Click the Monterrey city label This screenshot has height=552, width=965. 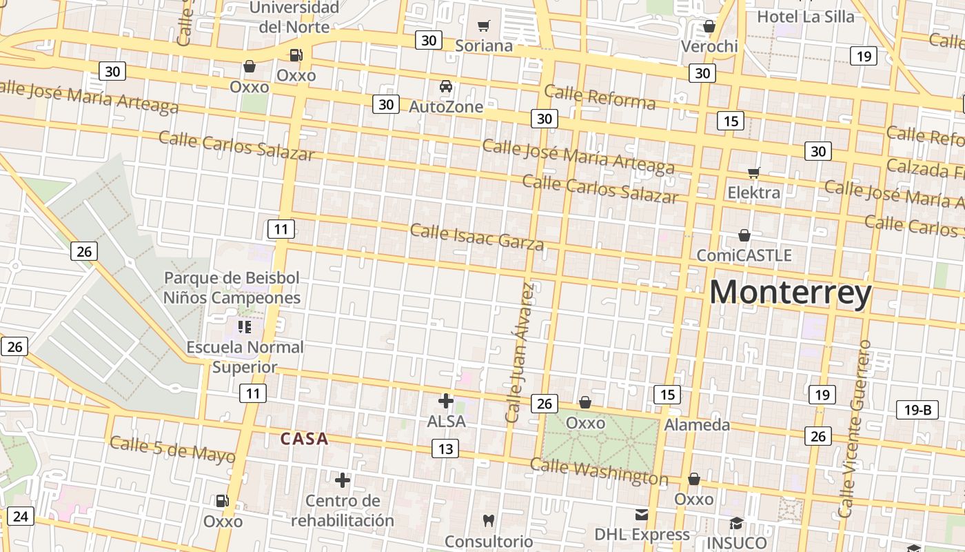point(791,293)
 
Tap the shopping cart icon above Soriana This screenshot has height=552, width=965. point(484,26)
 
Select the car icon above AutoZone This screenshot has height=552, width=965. point(446,87)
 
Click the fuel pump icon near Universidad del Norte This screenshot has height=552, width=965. point(296,55)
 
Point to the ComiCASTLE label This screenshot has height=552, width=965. point(744,255)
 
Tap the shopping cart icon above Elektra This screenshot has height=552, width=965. point(754,172)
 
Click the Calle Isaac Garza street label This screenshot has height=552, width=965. point(477,237)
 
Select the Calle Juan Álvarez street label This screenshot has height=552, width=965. point(520,352)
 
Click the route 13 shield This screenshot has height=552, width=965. point(445,449)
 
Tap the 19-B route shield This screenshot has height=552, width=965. point(917,410)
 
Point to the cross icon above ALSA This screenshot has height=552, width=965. point(446,400)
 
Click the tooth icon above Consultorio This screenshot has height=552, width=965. point(489,520)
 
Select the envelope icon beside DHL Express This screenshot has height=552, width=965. point(642,514)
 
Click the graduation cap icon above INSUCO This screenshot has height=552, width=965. point(736,523)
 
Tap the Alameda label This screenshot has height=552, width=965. point(697,425)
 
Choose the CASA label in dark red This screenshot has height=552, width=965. point(304,439)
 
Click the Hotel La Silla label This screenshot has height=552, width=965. point(805,17)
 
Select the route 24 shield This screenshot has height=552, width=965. point(21,515)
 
